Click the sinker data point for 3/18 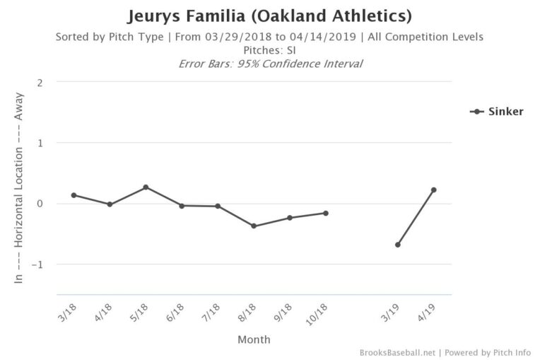74,195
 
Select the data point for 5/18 146,187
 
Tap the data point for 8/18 254,226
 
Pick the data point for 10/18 326,213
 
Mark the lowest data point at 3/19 398,245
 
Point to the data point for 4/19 433,190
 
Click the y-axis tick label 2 40,82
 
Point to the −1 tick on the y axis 38,265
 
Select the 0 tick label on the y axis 40,204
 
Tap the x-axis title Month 253,339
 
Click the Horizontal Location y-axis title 19,188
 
